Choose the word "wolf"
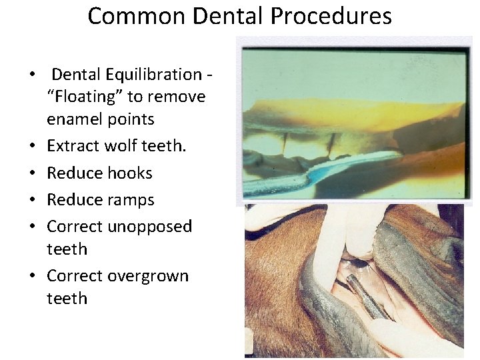[121, 146]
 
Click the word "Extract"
[73, 146]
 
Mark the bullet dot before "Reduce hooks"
[32, 173]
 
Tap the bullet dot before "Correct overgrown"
[32, 277]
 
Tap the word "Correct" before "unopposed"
[74, 227]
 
